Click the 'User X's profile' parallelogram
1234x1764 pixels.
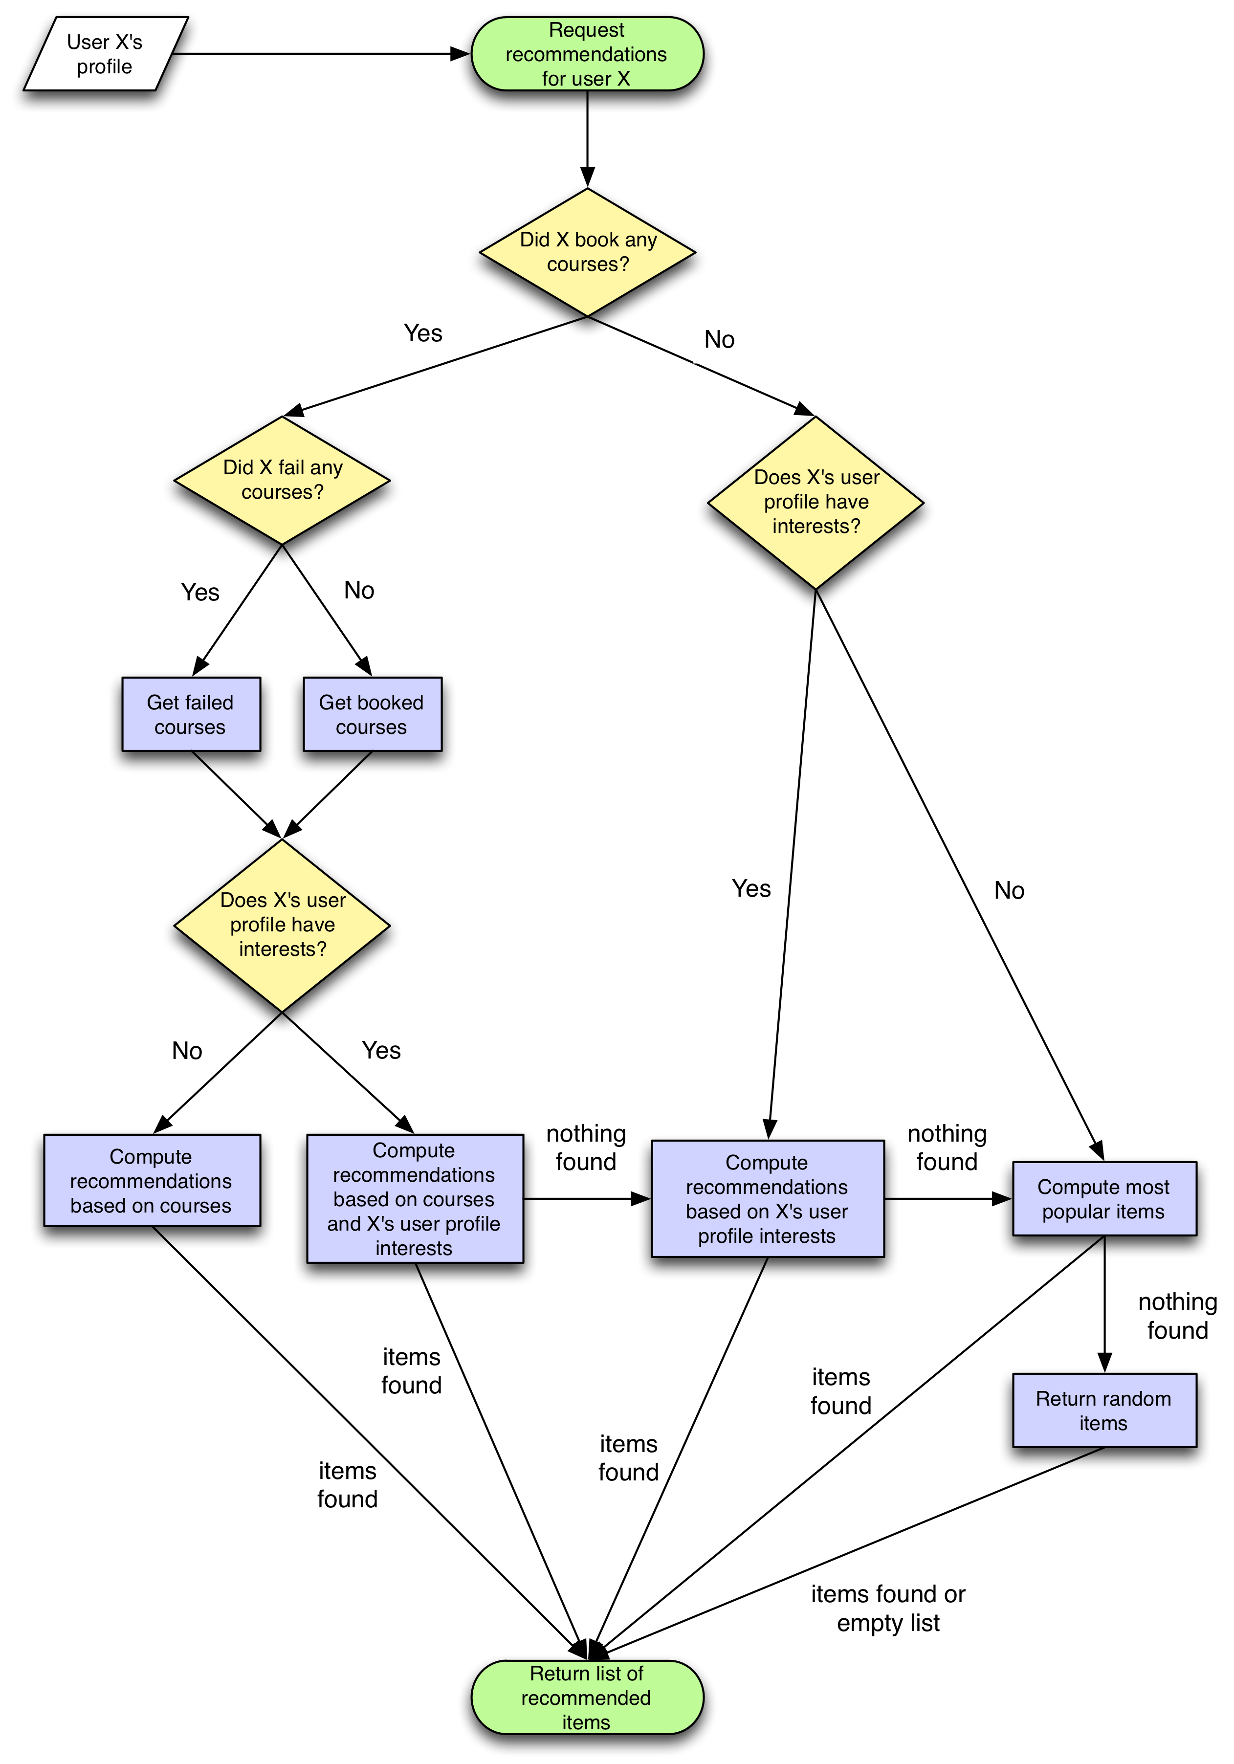105,54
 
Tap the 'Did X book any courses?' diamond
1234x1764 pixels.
587,252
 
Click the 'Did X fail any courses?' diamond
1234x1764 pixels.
282,480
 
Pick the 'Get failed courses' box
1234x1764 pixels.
191,714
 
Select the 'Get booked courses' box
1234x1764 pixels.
372,714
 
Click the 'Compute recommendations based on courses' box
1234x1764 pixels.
152,1180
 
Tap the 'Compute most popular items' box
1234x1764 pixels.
1103,1198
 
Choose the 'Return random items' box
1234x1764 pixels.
1103,1410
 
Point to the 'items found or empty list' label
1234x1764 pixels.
888,1608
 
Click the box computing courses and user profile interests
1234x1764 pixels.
414,1198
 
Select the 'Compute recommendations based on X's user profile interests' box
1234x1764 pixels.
767,1198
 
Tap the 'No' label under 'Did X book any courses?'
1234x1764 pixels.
719,340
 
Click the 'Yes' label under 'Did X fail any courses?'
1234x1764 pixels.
200,593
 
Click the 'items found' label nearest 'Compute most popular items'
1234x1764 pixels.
840,1390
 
